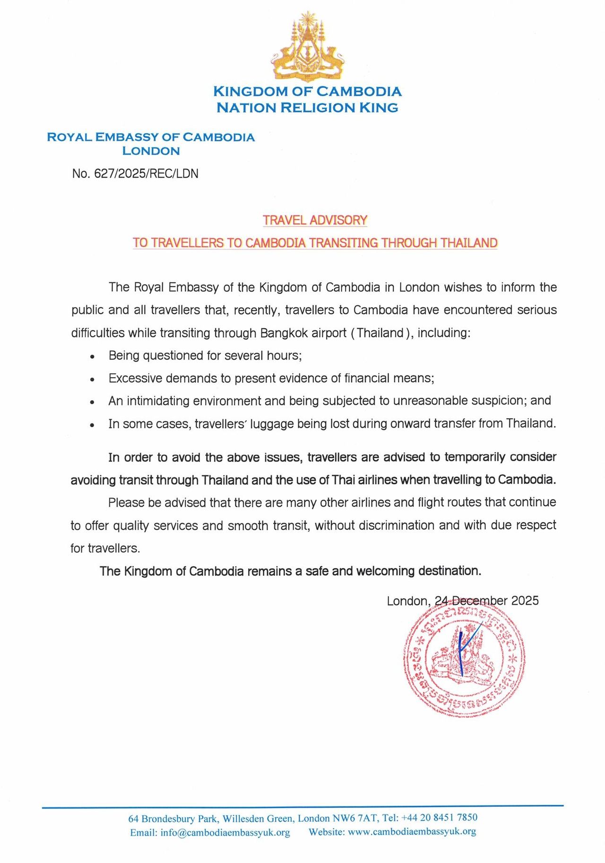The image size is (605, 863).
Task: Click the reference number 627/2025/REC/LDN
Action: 146,173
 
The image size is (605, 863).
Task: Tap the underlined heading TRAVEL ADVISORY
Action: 315,220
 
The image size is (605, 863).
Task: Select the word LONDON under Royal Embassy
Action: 151,151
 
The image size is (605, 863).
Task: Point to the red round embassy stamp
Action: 464,660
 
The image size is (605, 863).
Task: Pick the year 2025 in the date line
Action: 525,601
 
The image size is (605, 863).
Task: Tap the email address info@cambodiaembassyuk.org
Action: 225,832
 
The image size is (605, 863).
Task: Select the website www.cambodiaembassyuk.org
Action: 412,831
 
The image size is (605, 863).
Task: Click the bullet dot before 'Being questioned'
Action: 93,356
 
